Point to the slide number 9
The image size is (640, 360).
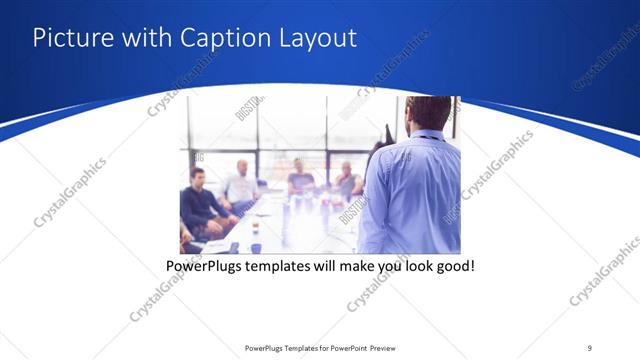coord(590,347)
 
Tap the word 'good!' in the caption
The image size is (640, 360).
coord(452,267)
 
